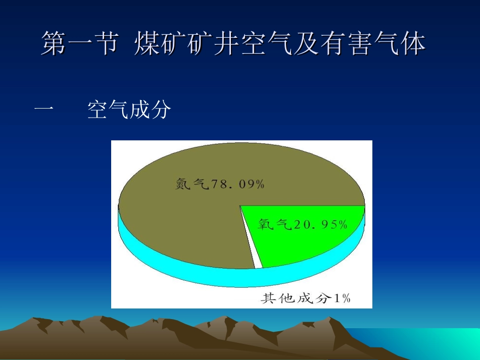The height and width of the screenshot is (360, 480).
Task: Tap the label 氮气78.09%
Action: (x=220, y=184)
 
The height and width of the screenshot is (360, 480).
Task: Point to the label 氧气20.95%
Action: (x=303, y=224)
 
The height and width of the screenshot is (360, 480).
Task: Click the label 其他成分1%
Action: (x=305, y=298)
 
